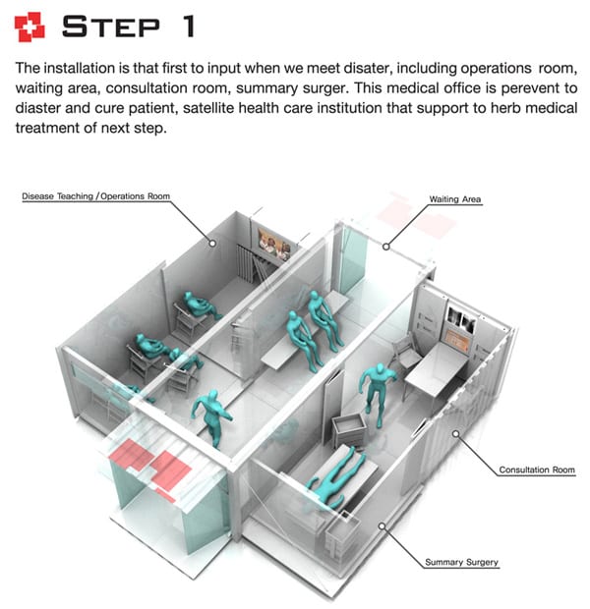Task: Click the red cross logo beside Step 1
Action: pyautogui.click(x=29, y=27)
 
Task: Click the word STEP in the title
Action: pyautogui.click(x=111, y=27)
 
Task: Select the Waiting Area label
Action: pyautogui.click(x=454, y=199)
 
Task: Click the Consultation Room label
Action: pyautogui.click(x=537, y=470)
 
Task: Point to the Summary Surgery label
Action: pyautogui.click(x=461, y=562)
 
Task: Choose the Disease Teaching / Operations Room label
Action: pyautogui.click(x=95, y=196)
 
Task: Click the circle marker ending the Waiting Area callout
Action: pyautogui.click(x=386, y=247)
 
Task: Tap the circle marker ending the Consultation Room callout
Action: pyautogui.click(x=456, y=433)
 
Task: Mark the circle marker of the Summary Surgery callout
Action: pyautogui.click(x=382, y=526)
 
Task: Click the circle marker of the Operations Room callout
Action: pyautogui.click(x=212, y=244)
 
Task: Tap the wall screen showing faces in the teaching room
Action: pyautogui.click(x=274, y=244)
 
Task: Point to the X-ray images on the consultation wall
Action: pyautogui.click(x=461, y=319)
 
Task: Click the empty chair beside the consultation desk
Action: pyautogui.click(x=406, y=352)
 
